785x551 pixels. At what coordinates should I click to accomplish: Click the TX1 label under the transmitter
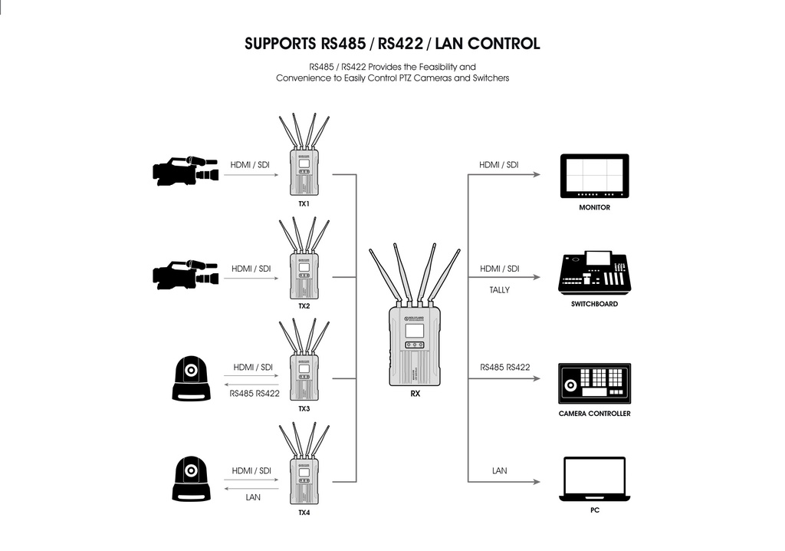coord(304,205)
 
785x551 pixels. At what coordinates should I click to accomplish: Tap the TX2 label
coord(304,305)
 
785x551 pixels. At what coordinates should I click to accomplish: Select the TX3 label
coord(304,408)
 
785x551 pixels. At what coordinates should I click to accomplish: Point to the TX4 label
coord(304,512)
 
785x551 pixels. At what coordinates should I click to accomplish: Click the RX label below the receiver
coord(415,393)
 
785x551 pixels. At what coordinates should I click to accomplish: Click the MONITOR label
coord(595,207)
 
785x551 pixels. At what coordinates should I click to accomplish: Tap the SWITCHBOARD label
coord(594,304)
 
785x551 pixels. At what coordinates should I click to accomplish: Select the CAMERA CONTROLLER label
coord(594,414)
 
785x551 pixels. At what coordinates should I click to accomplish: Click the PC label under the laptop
coord(594,510)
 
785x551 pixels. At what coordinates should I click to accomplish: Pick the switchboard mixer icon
coord(594,272)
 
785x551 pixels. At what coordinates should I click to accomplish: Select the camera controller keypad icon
coord(594,383)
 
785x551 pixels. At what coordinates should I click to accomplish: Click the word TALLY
coord(499,290)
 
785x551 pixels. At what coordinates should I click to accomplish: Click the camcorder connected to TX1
coord(186,172)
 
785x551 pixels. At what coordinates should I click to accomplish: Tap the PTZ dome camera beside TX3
coord(190,378)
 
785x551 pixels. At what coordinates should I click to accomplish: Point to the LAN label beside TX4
coord(253,497)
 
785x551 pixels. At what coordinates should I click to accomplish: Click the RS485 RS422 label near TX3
coord(255,394)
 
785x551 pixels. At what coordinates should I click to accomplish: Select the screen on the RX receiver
coord(414,331)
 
